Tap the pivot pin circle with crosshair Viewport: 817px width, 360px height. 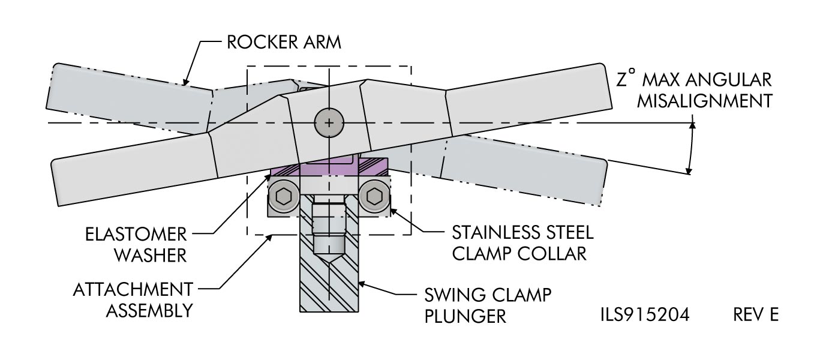pos(328,122)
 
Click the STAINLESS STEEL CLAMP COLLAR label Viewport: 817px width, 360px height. pos(522,242)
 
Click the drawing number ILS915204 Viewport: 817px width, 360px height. pos(642,314)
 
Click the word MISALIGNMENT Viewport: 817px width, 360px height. pos(704,100)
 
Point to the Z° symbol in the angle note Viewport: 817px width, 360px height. pos(625,80)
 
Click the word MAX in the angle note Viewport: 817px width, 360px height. pos(660,80)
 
